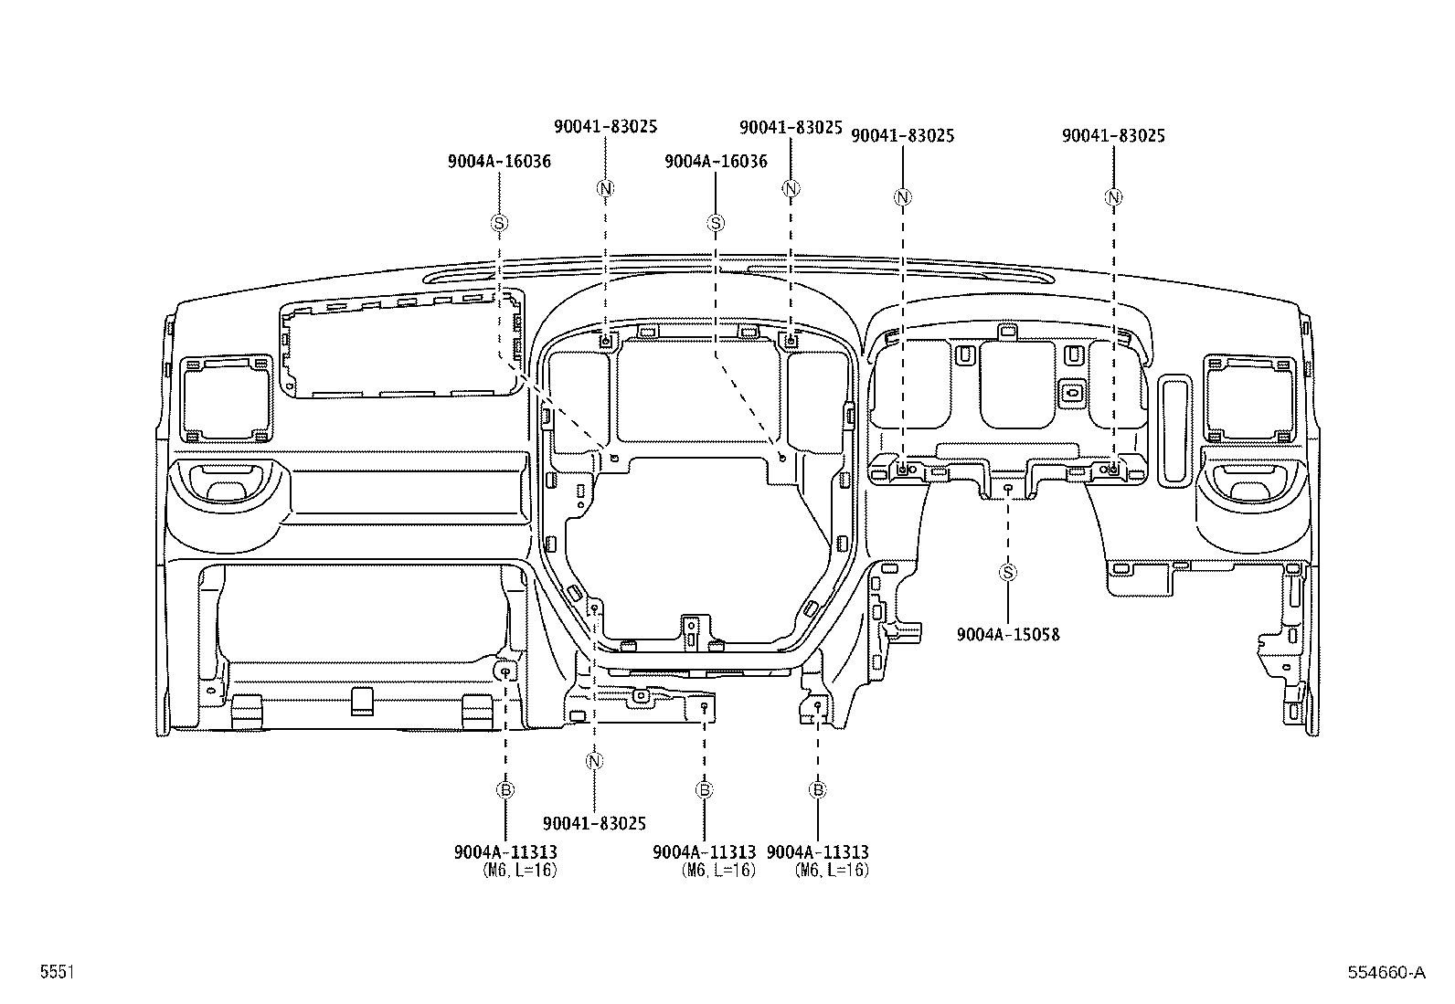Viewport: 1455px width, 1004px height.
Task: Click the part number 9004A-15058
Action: [1008, 634]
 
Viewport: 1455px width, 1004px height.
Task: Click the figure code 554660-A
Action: [1385, 973]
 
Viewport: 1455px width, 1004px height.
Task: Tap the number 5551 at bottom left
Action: [57, 973]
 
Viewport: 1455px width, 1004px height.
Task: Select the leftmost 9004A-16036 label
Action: [499, 162]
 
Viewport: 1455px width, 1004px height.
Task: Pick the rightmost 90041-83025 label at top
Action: [1113, 135]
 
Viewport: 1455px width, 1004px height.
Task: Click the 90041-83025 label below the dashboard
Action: [594, 823]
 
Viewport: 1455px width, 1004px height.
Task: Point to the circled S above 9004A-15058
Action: [1008, 573]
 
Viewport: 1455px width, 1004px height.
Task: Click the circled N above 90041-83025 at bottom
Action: [594, 761]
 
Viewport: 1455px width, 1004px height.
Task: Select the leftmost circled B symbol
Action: [505, 790]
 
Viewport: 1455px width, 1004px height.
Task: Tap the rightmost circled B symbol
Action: [818, 790]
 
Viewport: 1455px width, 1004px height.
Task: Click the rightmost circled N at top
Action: [1113, 197]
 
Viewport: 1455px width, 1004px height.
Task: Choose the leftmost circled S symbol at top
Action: [499, 222]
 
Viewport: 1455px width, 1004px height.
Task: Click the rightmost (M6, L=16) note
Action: [832, 871]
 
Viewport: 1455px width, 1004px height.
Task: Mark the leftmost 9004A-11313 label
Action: [505, 852]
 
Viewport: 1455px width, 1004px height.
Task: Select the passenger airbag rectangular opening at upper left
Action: [402, 349]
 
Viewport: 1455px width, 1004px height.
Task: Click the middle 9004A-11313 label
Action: [704, 852]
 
